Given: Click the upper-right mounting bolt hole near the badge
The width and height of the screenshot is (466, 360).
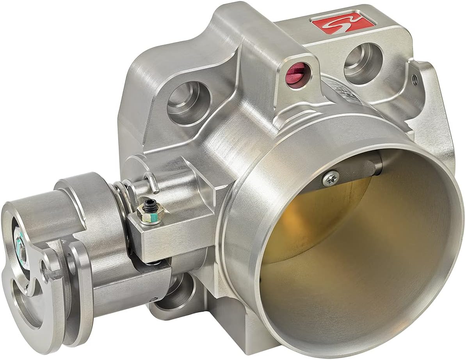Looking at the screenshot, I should point(363,62).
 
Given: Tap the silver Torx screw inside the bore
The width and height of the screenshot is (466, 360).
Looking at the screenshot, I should point(331,178).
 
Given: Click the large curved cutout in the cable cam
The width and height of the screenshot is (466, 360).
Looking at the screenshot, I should point(23,296).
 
